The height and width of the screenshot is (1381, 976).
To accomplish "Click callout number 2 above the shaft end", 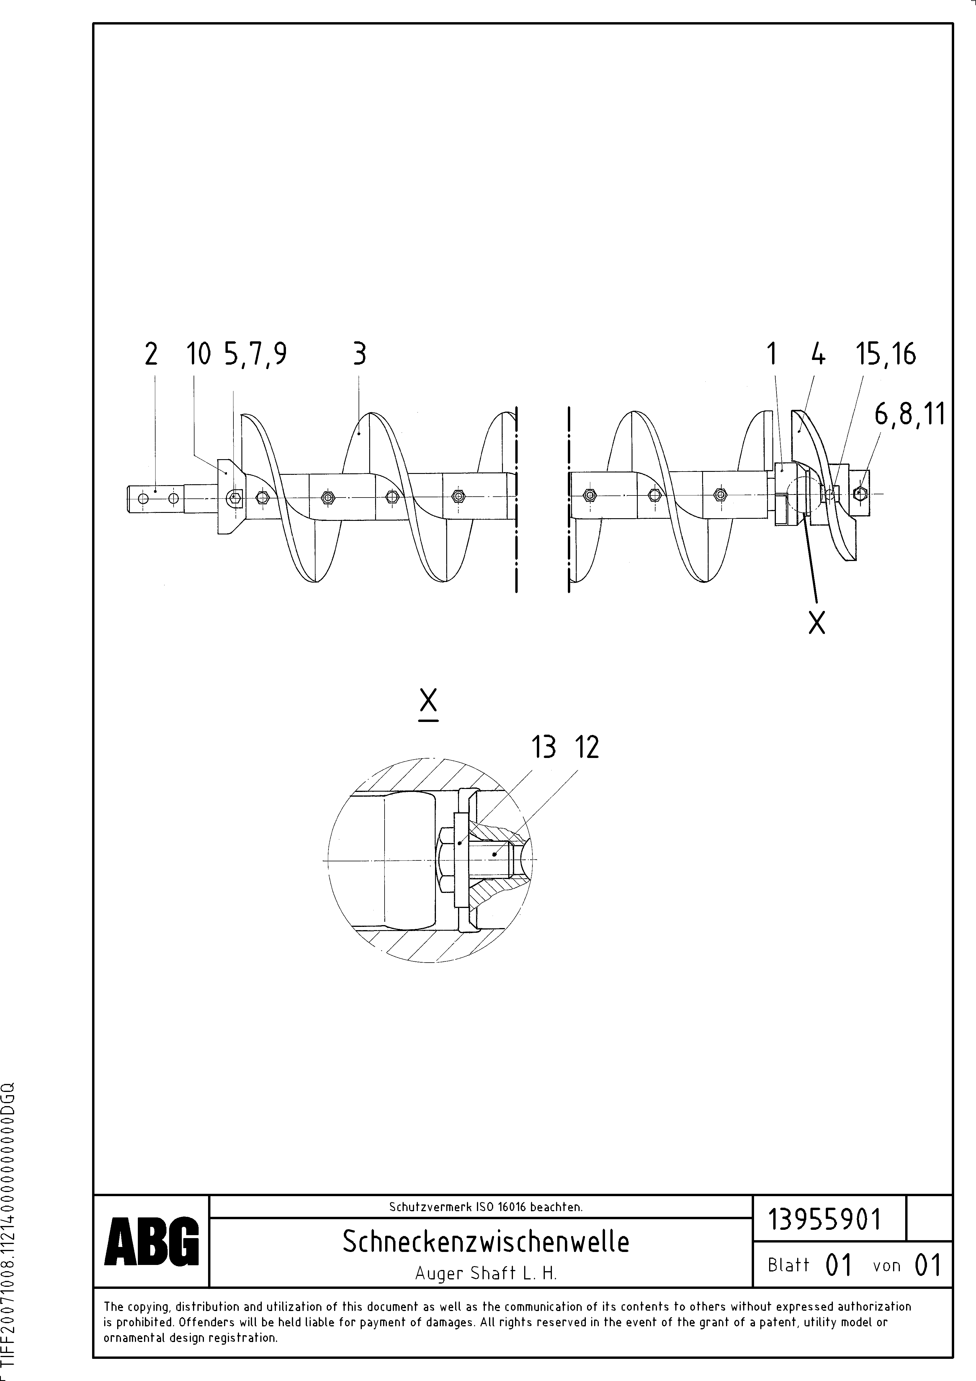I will point(151,354).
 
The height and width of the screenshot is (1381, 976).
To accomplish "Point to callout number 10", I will point(198,354).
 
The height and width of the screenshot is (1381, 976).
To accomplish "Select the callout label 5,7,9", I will point(255,354).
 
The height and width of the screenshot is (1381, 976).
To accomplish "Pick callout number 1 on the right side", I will point(771,354).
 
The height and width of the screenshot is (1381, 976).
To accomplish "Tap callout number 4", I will point(817,354).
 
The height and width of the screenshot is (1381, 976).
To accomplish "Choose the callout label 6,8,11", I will point(909,415).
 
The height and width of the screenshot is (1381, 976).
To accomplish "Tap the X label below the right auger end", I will point(817,622).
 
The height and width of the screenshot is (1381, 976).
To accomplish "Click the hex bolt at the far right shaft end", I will point(861,493).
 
